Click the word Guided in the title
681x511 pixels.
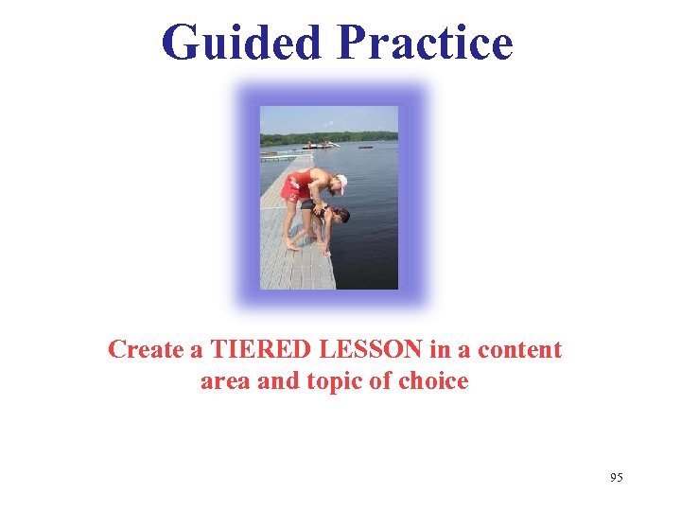pos(242,44)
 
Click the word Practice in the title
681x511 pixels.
pos(424,44)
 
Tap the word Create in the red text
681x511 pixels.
pos(146,349)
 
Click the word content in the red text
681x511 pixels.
pos(519,349)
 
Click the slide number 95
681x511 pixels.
pos(617,478)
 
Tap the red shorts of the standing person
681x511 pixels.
pos(295,186)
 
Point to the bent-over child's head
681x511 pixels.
pos(340,216)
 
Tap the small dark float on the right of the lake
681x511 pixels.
pos(364,147)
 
